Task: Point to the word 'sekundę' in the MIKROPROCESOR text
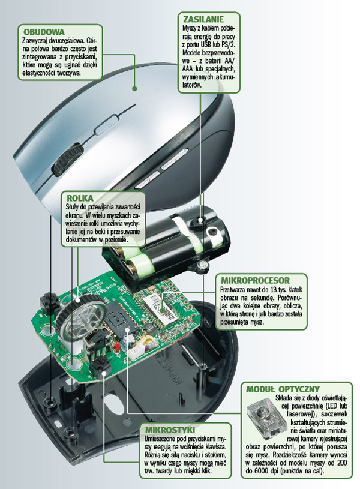(260, 298)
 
